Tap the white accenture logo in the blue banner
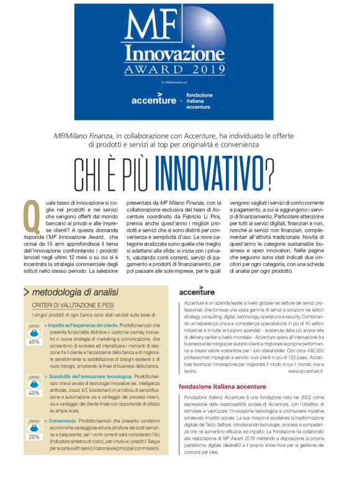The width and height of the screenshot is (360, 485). (x=153, y=99)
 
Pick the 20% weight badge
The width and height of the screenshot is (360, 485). (x=34, y=436)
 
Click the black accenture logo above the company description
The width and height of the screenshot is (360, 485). (x=197, y=292)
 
